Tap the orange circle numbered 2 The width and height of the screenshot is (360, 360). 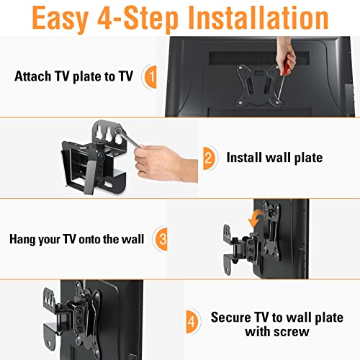pos(208,156)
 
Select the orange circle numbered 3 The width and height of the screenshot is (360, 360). pos(163,238)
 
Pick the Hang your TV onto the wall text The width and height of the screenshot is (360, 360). pos(77,238)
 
